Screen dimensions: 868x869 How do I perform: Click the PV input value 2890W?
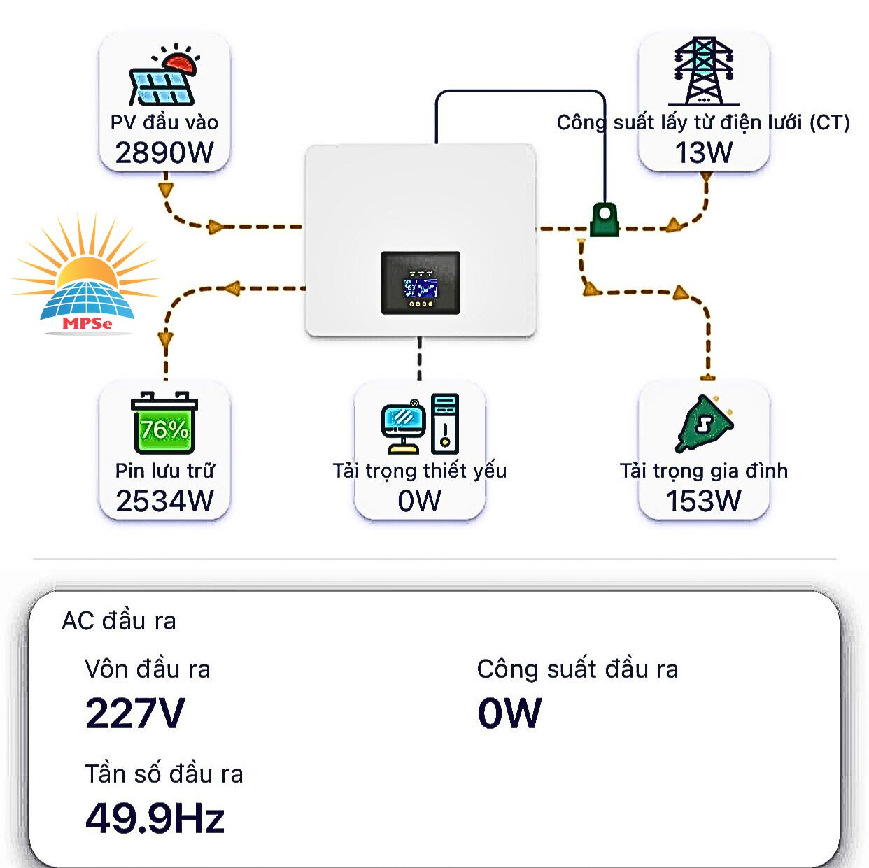coord(164,152)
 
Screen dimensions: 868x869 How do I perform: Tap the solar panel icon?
coord(163,76)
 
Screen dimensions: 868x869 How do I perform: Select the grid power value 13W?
coord(703,152)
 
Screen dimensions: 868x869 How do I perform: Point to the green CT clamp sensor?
coord(605,220)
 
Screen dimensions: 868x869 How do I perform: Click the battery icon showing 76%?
coord(164,423)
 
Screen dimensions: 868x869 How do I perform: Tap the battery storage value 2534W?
coord(164,501)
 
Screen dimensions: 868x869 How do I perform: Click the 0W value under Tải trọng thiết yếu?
coord(419,501)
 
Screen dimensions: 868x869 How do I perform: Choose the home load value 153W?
coord(703,501)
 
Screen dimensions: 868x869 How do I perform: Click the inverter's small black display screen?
coord(421,283)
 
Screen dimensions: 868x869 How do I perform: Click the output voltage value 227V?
coord(135,713)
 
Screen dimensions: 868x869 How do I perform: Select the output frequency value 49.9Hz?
coord(155,818)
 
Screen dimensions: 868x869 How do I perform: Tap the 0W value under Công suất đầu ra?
coord(509,713)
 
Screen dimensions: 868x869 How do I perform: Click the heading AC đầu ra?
coord(119,621)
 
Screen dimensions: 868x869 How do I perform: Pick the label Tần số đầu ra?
coord(164,774)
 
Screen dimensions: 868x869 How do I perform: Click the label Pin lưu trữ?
coord(164,470)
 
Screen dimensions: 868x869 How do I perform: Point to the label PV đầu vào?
coord(164,122)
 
